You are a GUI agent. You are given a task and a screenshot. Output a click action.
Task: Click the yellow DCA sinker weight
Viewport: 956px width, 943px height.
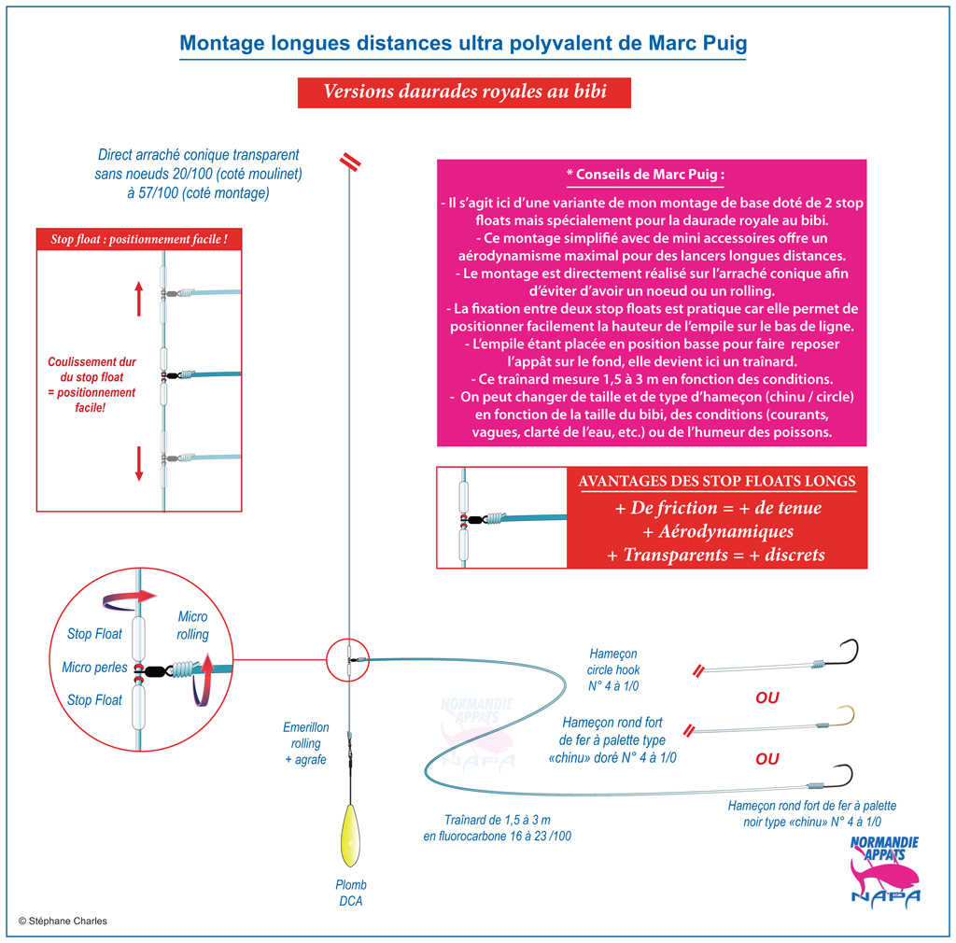(x=350, y=835)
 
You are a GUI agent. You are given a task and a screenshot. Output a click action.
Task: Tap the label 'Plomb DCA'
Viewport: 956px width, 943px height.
(x=351, y=893)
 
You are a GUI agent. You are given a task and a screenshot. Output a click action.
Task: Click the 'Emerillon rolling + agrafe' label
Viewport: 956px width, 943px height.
(x=305, y=744)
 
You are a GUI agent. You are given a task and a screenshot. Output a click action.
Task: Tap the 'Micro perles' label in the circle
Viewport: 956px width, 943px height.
(x=94, y=668)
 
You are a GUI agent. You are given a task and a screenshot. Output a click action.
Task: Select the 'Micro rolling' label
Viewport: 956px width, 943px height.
(x=192, y=626)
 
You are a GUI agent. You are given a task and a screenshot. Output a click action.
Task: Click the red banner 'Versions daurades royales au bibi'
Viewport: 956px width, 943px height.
(x=464, y=92)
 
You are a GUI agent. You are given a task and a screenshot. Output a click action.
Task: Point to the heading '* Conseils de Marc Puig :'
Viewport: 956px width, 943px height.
(x=646, y=175)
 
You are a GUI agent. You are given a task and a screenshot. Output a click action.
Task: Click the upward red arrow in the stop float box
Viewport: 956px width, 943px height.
(x=139, y=298)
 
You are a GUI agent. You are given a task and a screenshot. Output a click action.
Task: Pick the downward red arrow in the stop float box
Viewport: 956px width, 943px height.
(x=139, y=463)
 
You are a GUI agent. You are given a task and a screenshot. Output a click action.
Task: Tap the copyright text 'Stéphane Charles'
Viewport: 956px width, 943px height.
(x=67, y=921)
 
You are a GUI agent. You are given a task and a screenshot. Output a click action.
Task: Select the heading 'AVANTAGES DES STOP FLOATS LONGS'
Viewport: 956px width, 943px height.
(x=716, y=481)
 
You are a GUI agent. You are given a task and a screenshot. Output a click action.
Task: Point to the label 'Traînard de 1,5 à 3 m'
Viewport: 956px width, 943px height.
(x=497, y=820)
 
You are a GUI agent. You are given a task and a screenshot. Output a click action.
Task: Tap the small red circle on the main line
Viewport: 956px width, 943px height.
(x=347, y=659)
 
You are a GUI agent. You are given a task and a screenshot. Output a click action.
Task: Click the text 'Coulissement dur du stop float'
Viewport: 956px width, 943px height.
(x=92, y=370)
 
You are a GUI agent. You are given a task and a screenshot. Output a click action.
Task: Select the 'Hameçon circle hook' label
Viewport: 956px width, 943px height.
(x=613, y=662)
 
